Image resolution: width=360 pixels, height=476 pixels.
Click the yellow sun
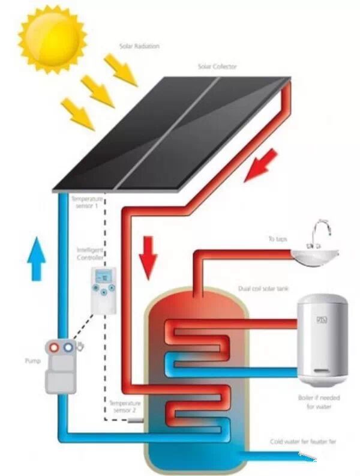click(x=52, y=38)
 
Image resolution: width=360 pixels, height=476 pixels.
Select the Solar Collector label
click(x=217, y=67)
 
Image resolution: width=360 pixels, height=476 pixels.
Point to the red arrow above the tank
click(x=147, y=256)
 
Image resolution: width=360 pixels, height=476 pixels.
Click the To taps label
click(x=277, y=239)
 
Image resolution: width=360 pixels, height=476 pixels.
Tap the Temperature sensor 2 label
click(x=125, y=407)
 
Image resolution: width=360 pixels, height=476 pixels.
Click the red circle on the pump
click(x=55, y=348)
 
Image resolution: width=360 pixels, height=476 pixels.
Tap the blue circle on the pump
click(x=68, y=348)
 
